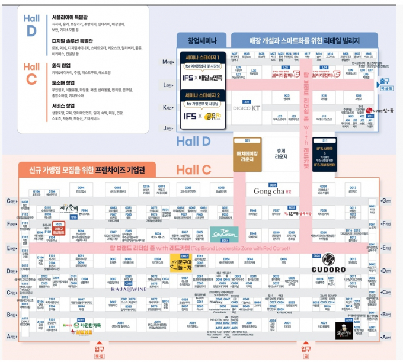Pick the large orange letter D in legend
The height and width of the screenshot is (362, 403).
tap(32, 30)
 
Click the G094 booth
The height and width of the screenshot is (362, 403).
tap(81, 190)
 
